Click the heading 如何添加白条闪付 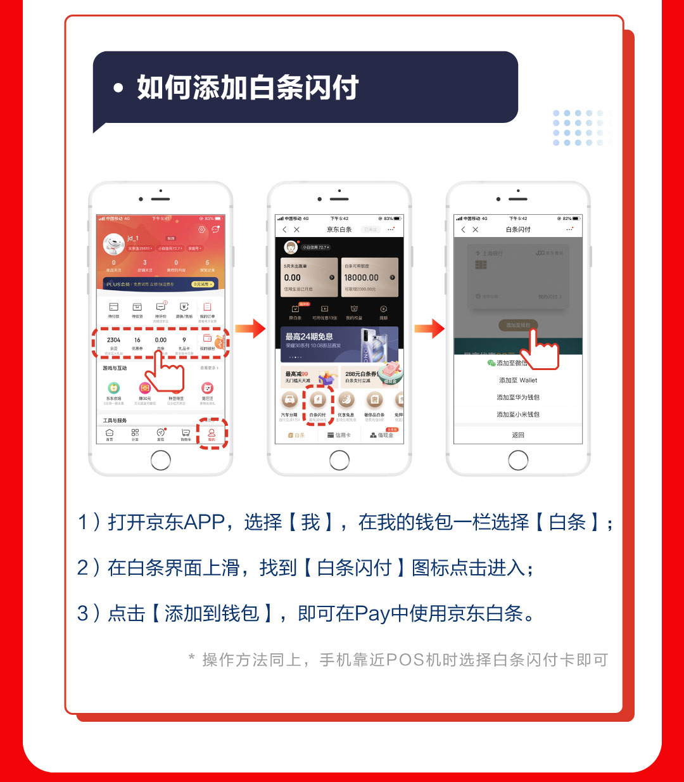(248, 87)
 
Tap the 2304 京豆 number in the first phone (114, 340)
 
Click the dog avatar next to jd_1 (114, 243)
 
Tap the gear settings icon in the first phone (201, 229)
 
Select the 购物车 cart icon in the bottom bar (186, 434)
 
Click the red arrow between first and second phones (250, 328)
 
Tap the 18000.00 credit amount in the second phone (361, 278)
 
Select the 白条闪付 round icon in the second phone (318, 400)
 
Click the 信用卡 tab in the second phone (339, 435)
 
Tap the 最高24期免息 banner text (309, 337)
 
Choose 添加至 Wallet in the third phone (518, 380)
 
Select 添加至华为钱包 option (518, 397)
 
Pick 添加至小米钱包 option (518, 414)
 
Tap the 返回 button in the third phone (518, 435)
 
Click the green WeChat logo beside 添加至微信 (491, 363)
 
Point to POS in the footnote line (405, 660)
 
